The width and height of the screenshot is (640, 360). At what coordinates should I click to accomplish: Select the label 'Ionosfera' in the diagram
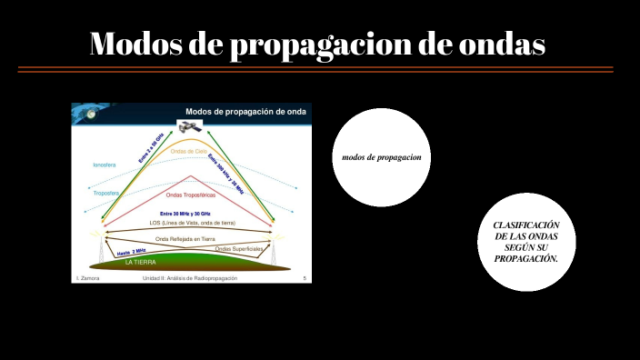point(105,165)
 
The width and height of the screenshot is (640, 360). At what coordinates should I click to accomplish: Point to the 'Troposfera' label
point(106,193)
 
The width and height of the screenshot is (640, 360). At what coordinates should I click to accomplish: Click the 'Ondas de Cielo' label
point(189,151)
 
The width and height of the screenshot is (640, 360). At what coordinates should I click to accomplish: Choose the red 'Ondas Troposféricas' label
point(191,195)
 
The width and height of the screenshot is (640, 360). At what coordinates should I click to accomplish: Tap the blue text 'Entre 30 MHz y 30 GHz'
point(190,213)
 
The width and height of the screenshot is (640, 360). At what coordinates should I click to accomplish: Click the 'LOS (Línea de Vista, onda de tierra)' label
point(192,223)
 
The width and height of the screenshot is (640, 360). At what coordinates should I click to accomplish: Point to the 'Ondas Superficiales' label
point(239,248)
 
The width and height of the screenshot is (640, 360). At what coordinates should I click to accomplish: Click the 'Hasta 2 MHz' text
point(132,252)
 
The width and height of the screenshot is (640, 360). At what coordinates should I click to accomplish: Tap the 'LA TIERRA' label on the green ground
point(140,262)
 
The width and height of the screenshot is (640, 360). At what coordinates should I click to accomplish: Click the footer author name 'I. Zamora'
point(87,278)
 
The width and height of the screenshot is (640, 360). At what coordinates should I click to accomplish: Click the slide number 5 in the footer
point(304,278)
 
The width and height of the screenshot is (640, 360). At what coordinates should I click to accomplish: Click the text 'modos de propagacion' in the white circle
point(381,157)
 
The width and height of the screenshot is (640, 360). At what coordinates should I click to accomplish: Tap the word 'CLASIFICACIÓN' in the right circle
point(525,225)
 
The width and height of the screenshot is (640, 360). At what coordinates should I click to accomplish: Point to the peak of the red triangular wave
point(190,175)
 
